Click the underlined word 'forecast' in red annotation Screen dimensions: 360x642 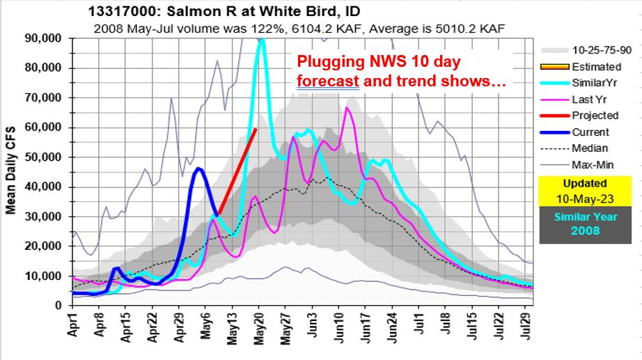[x=327, y=81]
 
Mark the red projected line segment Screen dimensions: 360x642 [x=237, y=171]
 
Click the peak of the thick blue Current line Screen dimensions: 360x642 [x=199, y=169]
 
